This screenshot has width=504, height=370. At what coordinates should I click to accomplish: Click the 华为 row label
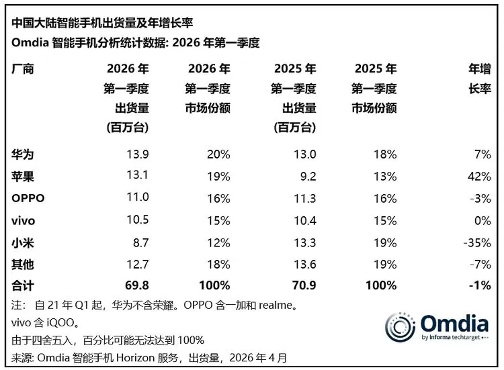coord(22,154)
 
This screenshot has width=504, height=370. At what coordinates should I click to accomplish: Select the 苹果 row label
coord(22,176)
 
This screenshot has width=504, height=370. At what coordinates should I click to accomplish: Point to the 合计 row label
coord(22,285)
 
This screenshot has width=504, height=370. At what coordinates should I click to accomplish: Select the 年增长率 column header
coord(478,79)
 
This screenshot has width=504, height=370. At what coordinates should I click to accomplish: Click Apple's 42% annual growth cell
coord(480,176)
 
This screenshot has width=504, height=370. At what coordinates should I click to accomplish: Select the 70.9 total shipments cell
coord(302,285)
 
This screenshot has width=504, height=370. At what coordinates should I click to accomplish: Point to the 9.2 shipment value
coord(306,176)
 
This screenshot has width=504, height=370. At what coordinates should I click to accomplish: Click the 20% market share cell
coord(218,154)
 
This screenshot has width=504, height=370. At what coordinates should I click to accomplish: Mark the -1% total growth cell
coord(480,285)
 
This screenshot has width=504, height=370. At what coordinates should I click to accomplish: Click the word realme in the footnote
coord(274,305)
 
